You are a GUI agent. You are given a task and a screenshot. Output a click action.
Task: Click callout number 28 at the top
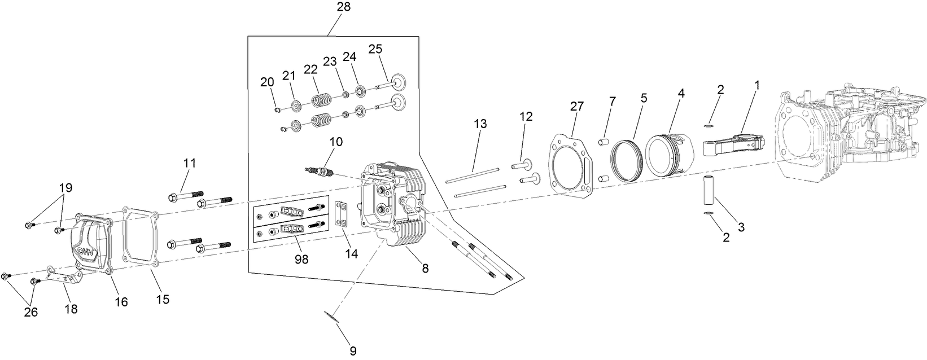tap(343, 7)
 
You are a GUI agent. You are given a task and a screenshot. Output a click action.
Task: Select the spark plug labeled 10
tap(318, 170)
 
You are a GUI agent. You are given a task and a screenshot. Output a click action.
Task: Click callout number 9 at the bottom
tap(352, 351)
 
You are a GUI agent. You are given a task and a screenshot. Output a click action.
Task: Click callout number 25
tap(375, 49)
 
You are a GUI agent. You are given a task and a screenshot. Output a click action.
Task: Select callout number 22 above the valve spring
tap(311, 68)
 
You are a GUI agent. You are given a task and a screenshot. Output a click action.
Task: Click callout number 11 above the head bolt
tap(189, 163)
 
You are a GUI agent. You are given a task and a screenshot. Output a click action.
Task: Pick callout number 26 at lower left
tap(30, 311)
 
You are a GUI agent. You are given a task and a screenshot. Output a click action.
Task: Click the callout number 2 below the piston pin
tap(726, 238)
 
